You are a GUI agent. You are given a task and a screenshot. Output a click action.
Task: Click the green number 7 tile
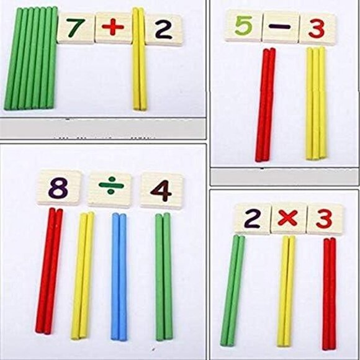click(76, 29)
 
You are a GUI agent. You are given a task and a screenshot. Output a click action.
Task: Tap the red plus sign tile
click(113, 29)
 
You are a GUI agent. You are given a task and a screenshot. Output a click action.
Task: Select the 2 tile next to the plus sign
click(163, 29)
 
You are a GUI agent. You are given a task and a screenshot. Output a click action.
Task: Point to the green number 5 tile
click(243, 27)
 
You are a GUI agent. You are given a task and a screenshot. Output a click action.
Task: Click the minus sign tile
click(280, 28)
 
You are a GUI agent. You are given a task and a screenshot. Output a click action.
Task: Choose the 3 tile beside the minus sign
click(317, 29)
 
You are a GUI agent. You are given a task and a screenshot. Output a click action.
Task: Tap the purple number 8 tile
click(58, 187)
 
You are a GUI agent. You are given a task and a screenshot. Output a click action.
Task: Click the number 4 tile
click(161, 191)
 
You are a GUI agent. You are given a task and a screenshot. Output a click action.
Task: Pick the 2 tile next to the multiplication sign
click(252, 218)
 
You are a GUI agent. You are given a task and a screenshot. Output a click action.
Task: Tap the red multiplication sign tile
click(289, 218)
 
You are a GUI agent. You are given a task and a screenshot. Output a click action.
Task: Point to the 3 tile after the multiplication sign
click(325, 219)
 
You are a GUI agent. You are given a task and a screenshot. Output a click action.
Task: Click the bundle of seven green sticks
click(31, 59)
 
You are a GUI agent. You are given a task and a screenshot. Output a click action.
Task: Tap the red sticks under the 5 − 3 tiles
click(266, 104)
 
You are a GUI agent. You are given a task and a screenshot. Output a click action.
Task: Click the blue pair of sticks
click(118, 276)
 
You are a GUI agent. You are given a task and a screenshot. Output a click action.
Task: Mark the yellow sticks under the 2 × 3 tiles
click(285, 289)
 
